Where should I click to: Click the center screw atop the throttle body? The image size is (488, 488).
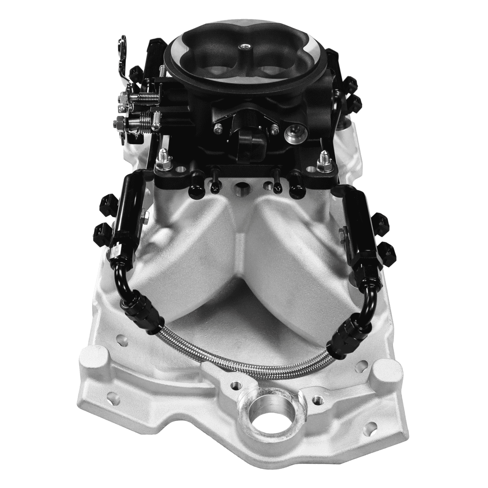point(246,46)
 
